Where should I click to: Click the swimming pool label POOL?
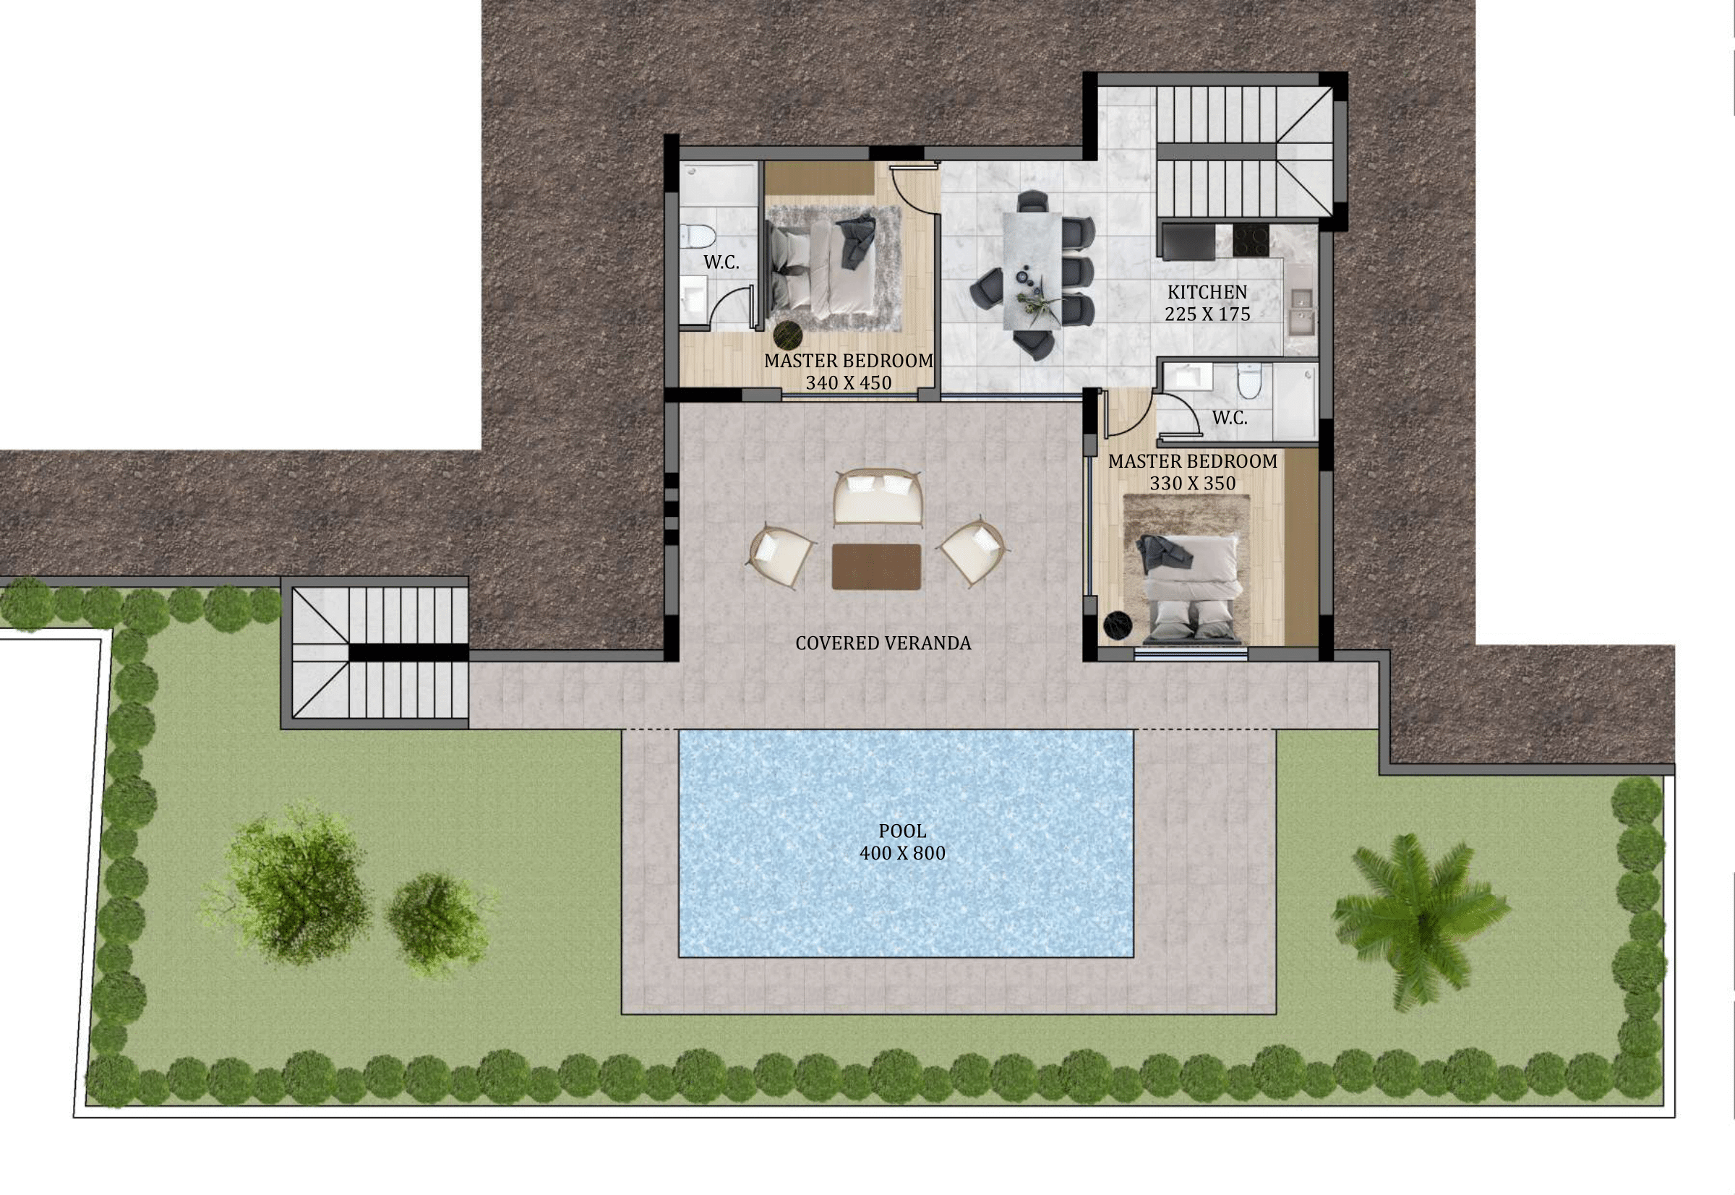pyautogui.click(x=902, y=831)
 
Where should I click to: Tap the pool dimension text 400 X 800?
pyautogui.click(x=902, y=853)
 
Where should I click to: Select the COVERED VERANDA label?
pyautogui.click(x=883, y=643)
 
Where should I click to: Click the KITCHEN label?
pyautogui.click(x=1207, y=292)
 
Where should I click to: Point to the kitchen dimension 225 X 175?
pyautogui.click(x=1207, y=314)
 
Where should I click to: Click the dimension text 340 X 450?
pyautogui.click(x=849, y=382)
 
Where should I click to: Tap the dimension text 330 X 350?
pyautogui.click(x=1193, y=484)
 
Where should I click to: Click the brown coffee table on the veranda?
pyautogui.click(x=876, y=567)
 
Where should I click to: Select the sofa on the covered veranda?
pyautogui.click(x=878, y=497)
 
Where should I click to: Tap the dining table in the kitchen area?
pyautogui.click(x=1032, y=270)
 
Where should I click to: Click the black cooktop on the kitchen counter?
pyautogui.click(x=1251, y=240)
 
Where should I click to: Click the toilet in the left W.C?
pyautogui.click(x=698, y=236)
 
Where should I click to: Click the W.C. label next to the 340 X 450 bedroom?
pyautogui.click(x=721, y=263)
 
